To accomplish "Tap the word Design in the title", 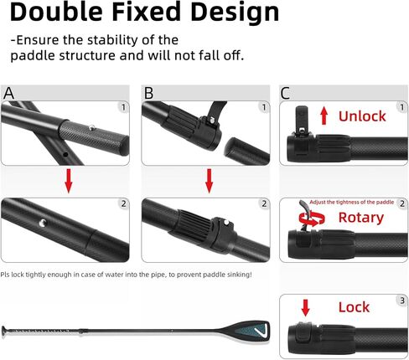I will (x=231, y=14).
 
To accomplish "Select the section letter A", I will (x=9, y=93).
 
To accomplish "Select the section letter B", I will (x=150, y=93).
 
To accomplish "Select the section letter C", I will (x=286, y=93).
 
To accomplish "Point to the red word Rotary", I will (x=360, y=218).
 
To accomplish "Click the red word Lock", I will (x=354, y=307).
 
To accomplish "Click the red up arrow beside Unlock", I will (x=323, y=116).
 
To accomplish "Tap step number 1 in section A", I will (x=123, y=106).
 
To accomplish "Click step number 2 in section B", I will (x=263, y=203).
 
